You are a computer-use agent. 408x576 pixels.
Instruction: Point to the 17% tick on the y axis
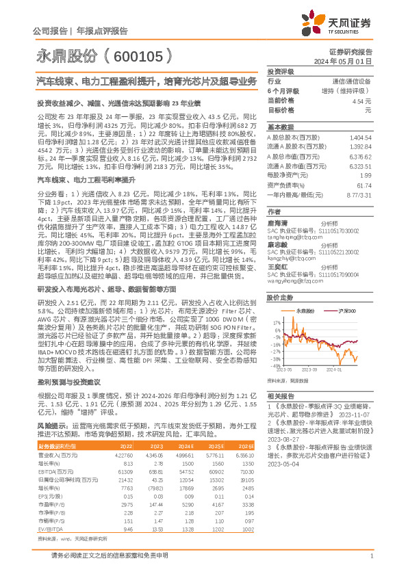276,322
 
